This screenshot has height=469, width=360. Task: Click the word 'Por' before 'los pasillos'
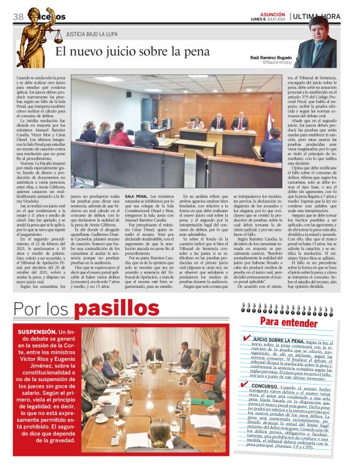29,310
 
